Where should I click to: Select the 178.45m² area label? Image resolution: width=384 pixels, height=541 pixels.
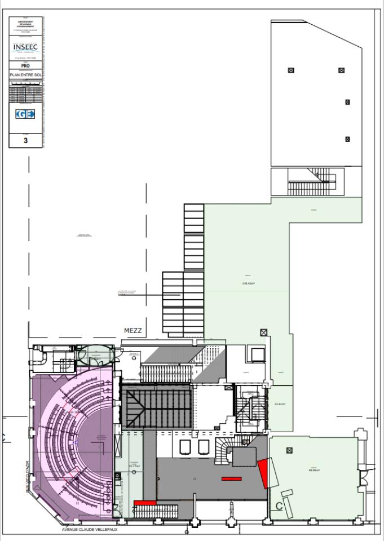pos(248,283)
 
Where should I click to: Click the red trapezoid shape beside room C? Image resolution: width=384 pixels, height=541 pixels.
pos(264,473)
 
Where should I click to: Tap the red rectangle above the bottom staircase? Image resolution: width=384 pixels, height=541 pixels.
pos(145,502)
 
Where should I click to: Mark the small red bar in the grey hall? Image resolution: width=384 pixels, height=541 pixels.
pos(231,478)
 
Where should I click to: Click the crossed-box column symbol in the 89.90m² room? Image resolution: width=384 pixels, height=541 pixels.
pos(290,450)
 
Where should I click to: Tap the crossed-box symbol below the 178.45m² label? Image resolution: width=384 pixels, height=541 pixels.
pos(263,332)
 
